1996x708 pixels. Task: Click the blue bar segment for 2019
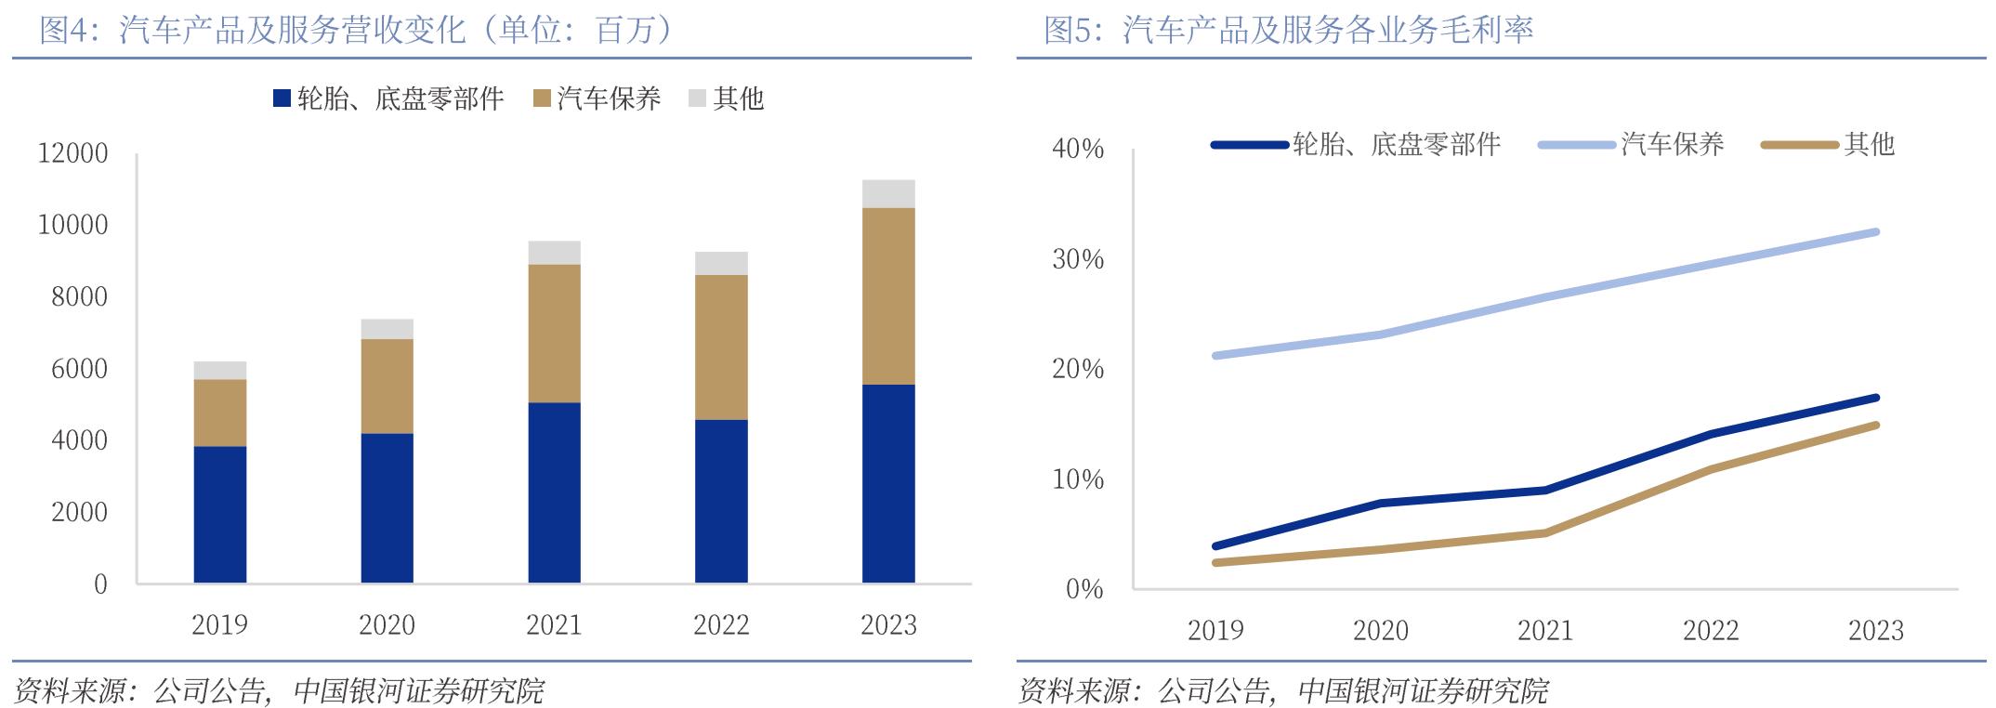point(220,514)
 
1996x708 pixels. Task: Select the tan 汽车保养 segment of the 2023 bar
point(888,295)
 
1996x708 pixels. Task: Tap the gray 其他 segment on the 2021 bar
point(554,253)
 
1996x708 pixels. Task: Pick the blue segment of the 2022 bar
point(721,501)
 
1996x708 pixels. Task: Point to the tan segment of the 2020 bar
point(387,386)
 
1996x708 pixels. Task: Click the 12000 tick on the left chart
point(72,153)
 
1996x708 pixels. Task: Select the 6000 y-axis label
point(79,369)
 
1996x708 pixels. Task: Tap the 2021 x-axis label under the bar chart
point(554,625)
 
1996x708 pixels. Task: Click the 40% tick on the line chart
point(1078,149)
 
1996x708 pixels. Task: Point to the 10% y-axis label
point(1078,479)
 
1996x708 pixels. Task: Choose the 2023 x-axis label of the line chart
point(1875,631)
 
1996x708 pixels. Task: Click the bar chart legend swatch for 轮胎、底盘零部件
point(282,98)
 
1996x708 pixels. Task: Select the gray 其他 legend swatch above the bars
point(697,98)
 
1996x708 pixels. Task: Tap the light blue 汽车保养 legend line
point(1577,145)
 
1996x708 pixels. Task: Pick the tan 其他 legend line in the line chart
point(1800,145)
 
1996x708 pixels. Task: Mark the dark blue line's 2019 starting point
point(1216,545)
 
